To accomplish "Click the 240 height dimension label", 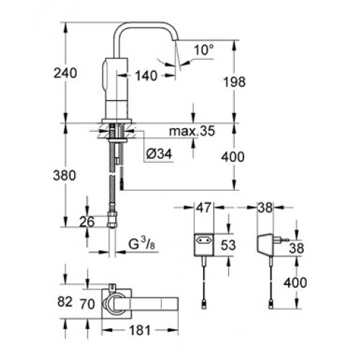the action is [66, 73].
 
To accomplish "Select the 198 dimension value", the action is [235, 82].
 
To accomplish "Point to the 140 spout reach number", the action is [146, 76].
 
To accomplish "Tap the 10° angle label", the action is [204, 50].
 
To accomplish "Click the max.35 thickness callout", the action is [192, 131].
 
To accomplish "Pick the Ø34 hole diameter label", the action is [159, 153].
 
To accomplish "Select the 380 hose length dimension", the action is [64, 176].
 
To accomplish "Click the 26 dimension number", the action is [87, 222].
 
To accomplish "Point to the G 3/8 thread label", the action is [142, 244].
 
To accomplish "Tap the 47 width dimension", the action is [204, 207].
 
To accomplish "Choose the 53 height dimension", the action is [228, 245].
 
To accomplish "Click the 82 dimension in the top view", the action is [65, 302].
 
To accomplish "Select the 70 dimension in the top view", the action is [87, 305].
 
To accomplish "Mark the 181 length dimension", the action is [140, 330].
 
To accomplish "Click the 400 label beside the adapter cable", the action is [295, 282].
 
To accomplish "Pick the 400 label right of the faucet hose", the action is [233, 157].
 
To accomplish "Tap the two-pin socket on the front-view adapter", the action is [204, 240].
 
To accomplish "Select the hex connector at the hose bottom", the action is [112, 219].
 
